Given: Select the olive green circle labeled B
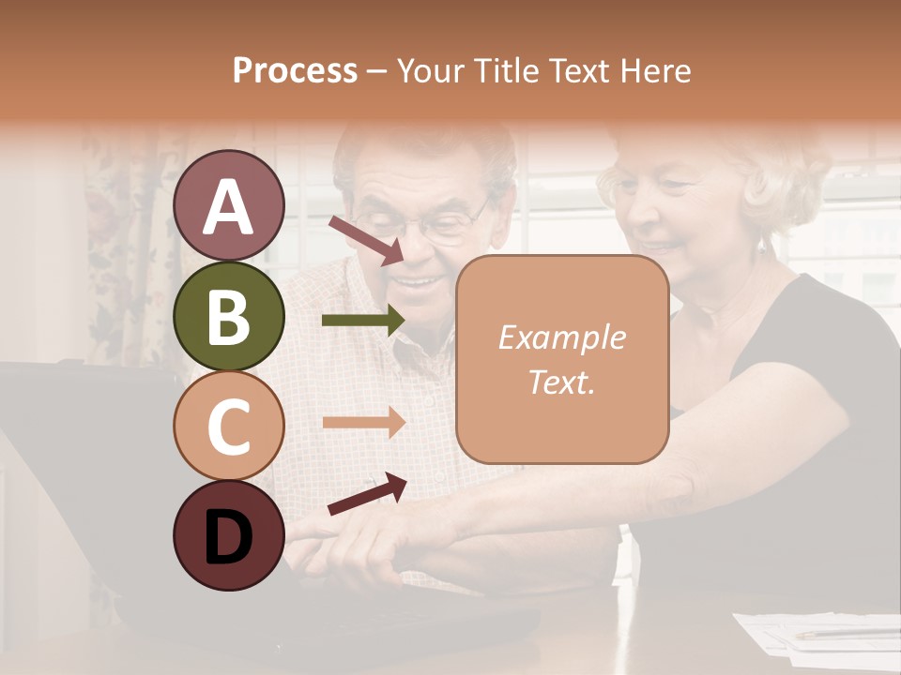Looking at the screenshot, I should click(229, 317).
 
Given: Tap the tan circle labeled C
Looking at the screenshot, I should click(229, 426).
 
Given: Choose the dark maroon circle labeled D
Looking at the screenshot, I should click(229, 535).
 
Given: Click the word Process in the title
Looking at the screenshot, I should click(295, 70).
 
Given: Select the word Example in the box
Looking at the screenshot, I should click(561, 337).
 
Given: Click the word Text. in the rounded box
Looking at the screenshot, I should click(561, 382).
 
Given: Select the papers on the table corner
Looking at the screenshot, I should click(817, 633).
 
